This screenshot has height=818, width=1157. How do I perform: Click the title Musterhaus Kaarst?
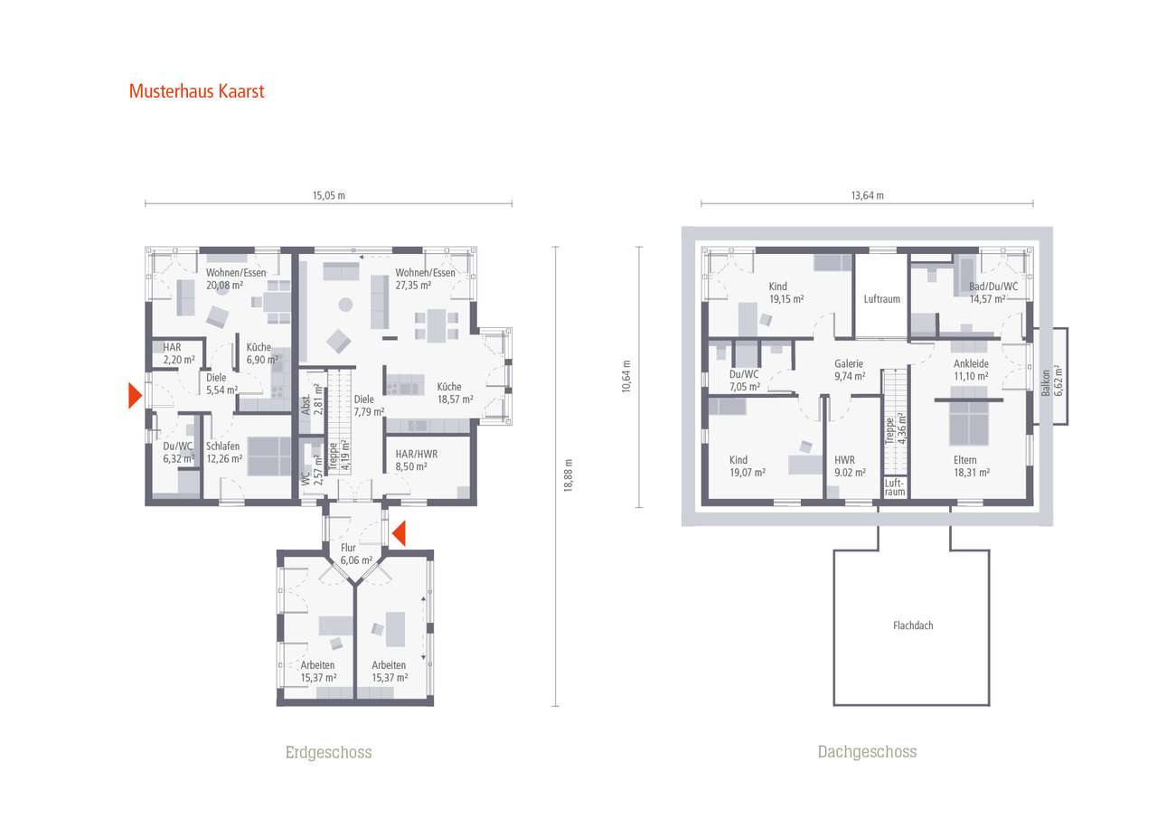click(x=196, y=91)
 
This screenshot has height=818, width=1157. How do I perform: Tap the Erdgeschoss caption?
click(x=328, y=752)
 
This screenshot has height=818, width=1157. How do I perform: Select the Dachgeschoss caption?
click(x=867, y=752)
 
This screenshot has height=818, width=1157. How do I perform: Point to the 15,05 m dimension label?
click(x=329, y=195)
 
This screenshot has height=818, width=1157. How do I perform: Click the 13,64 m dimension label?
click(x=868, y=195)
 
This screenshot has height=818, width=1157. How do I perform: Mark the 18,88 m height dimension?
click(x=568, y=475)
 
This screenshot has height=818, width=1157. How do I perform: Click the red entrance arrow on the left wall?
click(x=135, y=395)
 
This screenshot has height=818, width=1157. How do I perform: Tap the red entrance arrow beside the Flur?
click(x=398, y=534)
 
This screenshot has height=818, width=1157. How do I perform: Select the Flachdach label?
click(x=911, y=625)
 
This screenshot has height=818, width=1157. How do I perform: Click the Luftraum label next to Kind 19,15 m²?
click(x=881, y=298)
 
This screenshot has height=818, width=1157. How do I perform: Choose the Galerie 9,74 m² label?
click(x=849, y=370)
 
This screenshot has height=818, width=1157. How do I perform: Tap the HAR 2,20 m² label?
click(x=178, y=353)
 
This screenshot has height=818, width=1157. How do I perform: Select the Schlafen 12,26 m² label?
click(x=223, y=452)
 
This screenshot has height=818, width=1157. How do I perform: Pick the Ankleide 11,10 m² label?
click(x=971, y=370)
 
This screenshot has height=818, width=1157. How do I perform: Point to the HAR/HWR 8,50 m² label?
click(x=417, y=460)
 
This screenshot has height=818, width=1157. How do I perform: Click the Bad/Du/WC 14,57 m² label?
click(x=993, y=292)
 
